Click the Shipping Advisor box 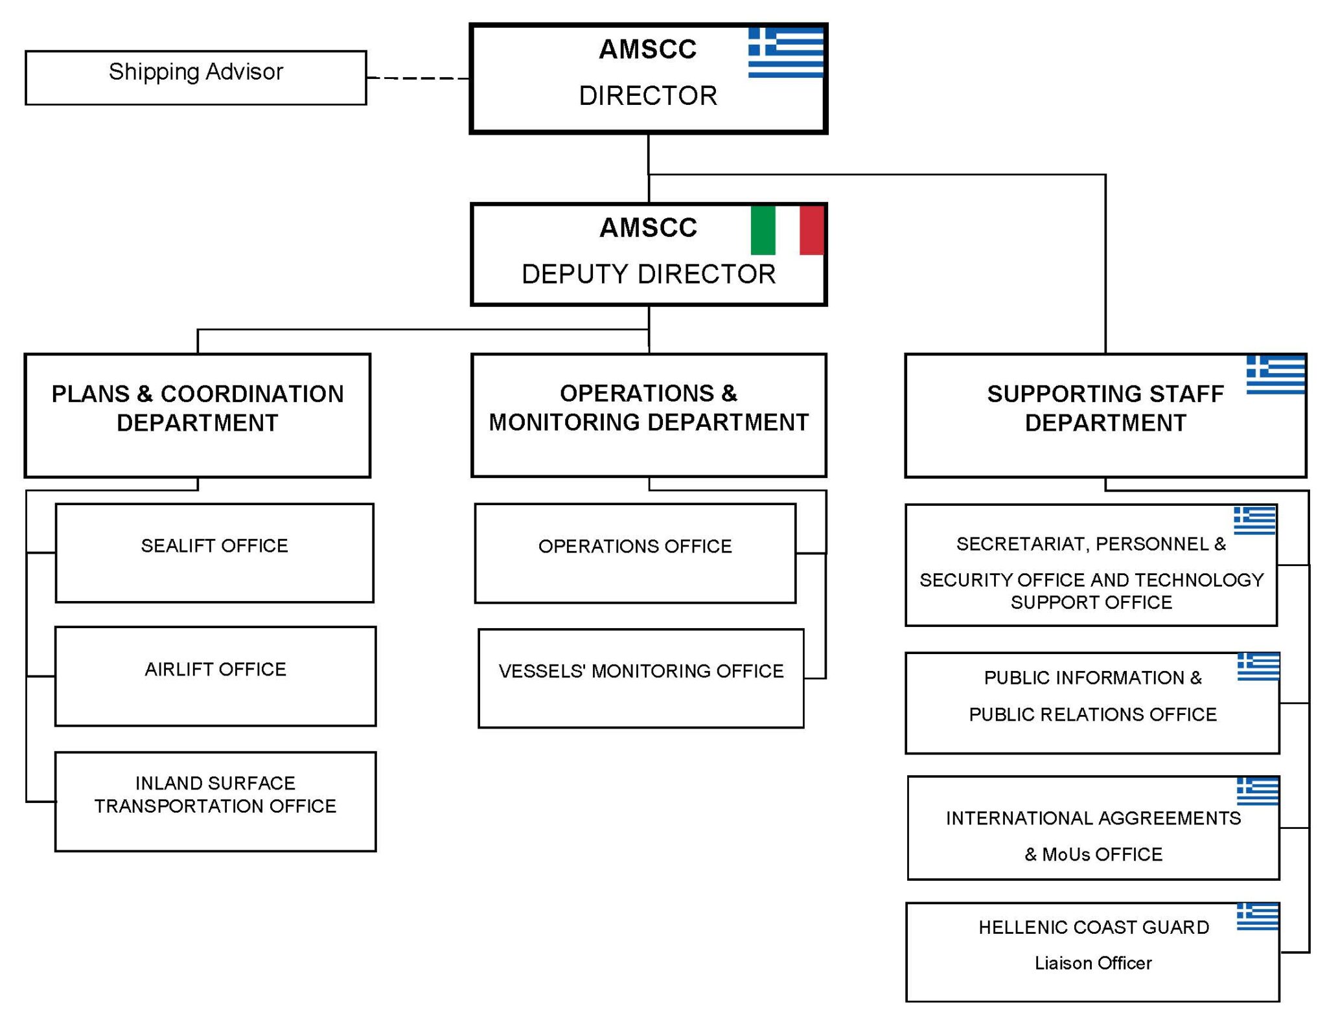pyautogui.click(x=196, y=77)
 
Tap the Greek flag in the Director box pyautogui.click(x=785, y=52)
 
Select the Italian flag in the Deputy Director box pyautogui.click(x=787, y=231)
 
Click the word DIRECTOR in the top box pyautogui.click(x=648, y=96)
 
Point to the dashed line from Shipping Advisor pyautogui.click(x=418, y=78)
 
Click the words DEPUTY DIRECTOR pyautogui.click(x=649, y=274)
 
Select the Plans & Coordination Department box pyautogui.click(x=198, y=415)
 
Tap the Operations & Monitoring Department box pyautogui.click(x=649, y=415)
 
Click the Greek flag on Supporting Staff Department pyautogui.click(x=1275, y=374)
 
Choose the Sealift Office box pyautogui.click(x=214, y=552)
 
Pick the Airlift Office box pyautogui.click(x=215, y=675)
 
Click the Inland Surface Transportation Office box pyautogui.click(x=215, y=801)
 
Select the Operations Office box pyautogui.click(x=635, y=553)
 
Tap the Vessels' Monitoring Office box pyautogui.click(x=641, y=678)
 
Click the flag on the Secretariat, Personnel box pyautogui.click(x=1254, y=520)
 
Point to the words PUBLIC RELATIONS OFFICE pyautogui.click(x=1092, y=714)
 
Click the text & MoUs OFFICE pyautogui.click(x=1093, y=854)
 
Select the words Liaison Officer pyautogui.click(x=1093, y=963)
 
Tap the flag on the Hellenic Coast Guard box pyautogui.click(x=1257, y=917)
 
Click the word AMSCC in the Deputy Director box pyautogui.click(x=648, y=228)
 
